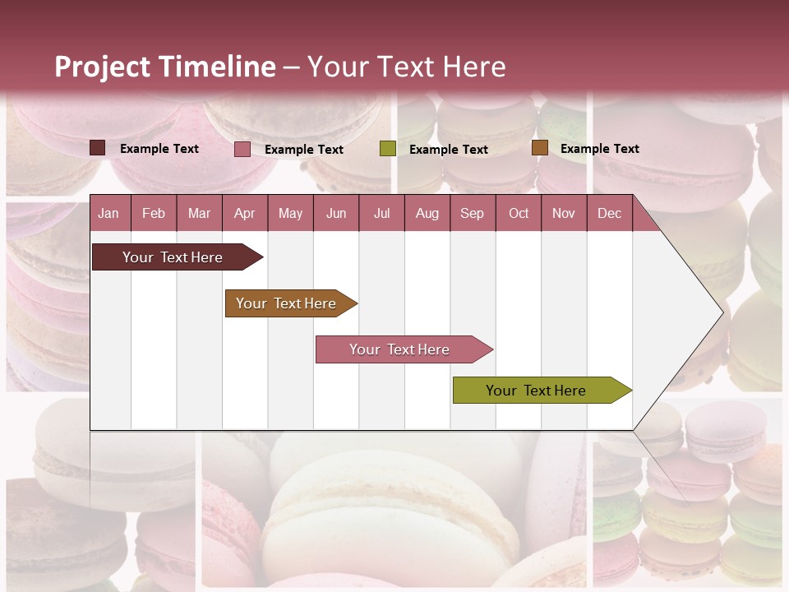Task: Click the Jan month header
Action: click(x=108, y=213)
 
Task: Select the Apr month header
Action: click(x=244, y=213)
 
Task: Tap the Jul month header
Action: click(x=381, y=213)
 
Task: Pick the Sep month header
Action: click(x=472, y=213)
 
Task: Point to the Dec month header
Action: click(x=609, y=213)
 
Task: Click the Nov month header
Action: click(x=563, y=213)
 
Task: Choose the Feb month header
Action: click(x=154, y=213)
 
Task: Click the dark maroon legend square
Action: click(x=97, y=148)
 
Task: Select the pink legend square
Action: click(x=242, y=149)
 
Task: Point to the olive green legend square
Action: click(x=388, y=149)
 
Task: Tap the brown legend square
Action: click(x=539, y=148)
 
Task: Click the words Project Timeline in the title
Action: click(x=164, y=67)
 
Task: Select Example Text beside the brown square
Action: click(x=599, y=149)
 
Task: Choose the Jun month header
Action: click(x=336, y=213)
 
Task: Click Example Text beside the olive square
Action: click(x=448, y=150)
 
